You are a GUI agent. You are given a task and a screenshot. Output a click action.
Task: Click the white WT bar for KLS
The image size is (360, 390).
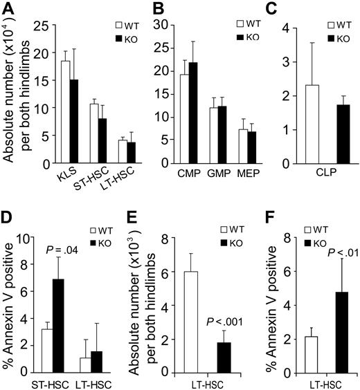(46, 111)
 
